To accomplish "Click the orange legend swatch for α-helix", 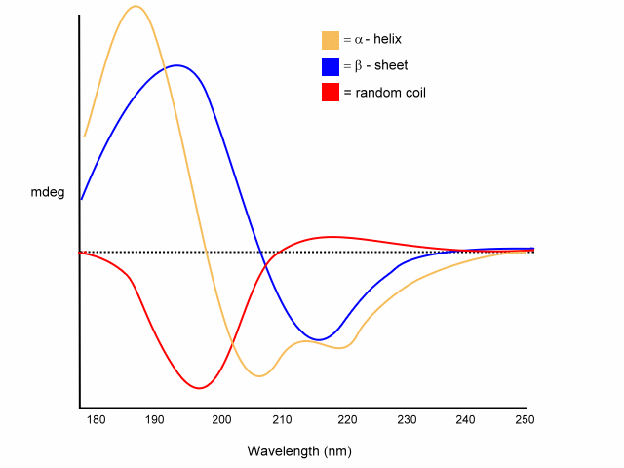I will coord(330,40).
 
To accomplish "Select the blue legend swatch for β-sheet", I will coord(330,66).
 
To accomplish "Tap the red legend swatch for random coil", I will coord(330,93).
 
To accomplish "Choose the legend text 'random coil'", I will coord(384,93).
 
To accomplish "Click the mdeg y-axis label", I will coord(48,192).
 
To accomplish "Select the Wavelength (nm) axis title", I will coord(299,451).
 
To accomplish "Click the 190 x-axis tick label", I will coord(154,419).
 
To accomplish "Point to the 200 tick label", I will coord(221,419).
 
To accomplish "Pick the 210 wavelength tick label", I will coord(283,419).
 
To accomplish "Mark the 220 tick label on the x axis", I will coord(345,419).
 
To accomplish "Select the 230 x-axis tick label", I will coord(407,419).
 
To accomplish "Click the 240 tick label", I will coord(466,419).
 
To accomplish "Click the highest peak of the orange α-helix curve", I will coord(136,7).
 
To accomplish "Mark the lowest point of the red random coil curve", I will coord(200,388).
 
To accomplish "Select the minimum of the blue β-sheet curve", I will coord(318,339).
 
